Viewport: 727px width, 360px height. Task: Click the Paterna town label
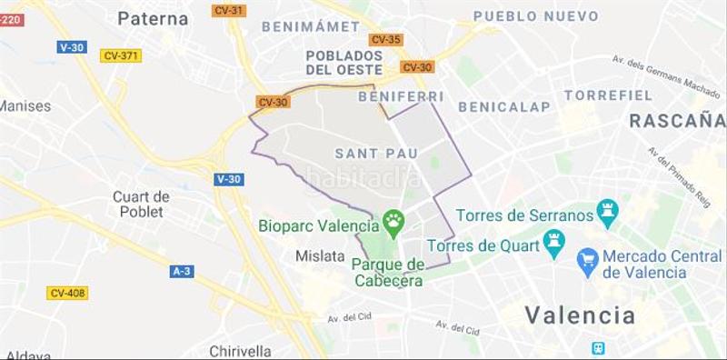pyautogui.click(x=153, y=18)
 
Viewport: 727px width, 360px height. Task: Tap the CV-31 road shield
pyautogui.click(x=227, y=10)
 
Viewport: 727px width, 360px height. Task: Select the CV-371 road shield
pyautogui.click(x=120, y=55)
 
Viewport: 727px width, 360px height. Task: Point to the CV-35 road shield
pyautogui.click(x=385, y=39)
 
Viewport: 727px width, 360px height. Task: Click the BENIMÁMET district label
pyautogui.click(x=311, y=26)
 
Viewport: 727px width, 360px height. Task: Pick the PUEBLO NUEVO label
pyautogui.click(x=535, y=16)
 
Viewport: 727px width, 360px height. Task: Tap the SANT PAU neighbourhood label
pyautogui.click(x=375, y=153)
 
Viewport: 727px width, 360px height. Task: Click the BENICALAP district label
pyautogui.click(x=503, y=106)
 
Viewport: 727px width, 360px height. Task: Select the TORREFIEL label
pyautogui.click(x=608, y=95)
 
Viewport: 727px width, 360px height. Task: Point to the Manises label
pyautogui.click(x=25, y=105)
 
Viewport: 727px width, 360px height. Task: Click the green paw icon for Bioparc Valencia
pyautogui.click(x=393, y=219)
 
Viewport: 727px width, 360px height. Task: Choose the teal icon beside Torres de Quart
pyautogui.click(x=554, y=241)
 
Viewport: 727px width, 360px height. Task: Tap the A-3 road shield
pyautogui.click(x=182, y=271)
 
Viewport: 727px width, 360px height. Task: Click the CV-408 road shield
pyautogui.click(x=67, y=293)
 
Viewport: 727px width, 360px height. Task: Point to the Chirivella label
pyautogui.click(x=240, y=351)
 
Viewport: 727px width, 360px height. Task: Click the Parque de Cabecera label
pyautogui.click(x=388, y=272)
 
